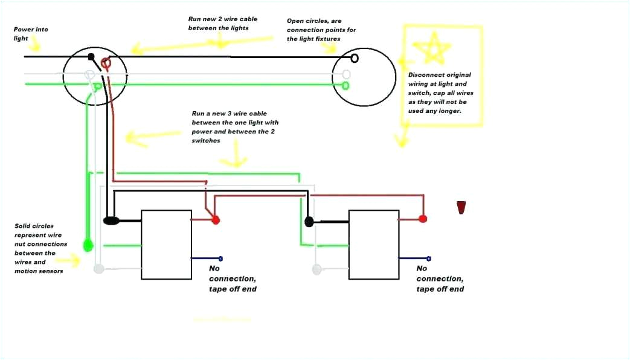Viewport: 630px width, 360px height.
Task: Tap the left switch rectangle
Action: pos(166,244)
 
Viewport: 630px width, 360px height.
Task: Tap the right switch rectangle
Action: pos(374,244)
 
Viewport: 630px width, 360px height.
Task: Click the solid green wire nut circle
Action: pos(88,245)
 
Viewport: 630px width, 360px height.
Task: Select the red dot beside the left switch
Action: pos(216,220)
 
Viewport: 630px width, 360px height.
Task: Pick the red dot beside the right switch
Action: pos(423,219)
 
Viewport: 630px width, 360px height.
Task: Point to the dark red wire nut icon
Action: pos(461,207)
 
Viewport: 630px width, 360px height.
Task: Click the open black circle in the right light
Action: pos(355,58)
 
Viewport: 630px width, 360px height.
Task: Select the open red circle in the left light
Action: pos(107,62)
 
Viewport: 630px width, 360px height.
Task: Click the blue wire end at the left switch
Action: pos(220,258)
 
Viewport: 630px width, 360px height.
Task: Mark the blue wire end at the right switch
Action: pos(428,258)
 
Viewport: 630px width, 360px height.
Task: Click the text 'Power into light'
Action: pos(31,34)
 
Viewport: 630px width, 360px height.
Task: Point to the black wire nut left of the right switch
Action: pos(309,222)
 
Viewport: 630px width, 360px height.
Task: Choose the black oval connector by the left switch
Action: pos(111,221)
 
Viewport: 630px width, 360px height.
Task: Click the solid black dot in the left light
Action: pos(91,57)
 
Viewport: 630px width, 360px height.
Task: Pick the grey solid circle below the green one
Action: pos(98,268)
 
